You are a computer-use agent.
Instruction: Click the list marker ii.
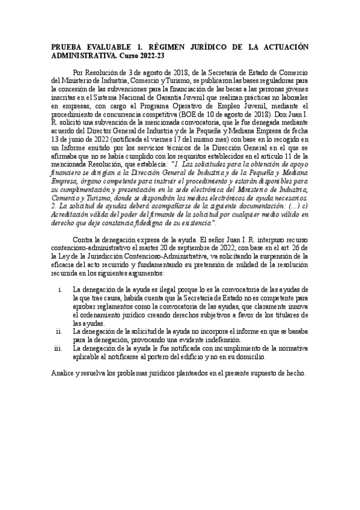59,331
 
